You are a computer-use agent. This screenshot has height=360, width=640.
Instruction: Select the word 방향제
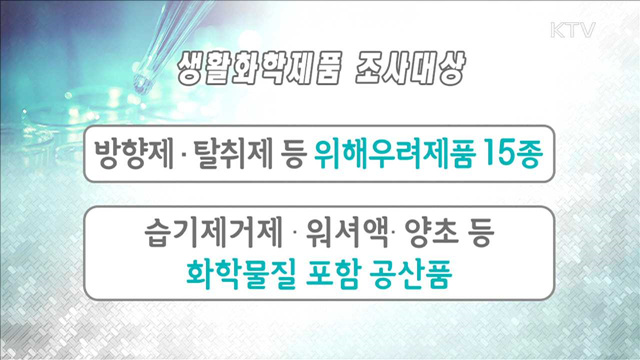tap(121, 155)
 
